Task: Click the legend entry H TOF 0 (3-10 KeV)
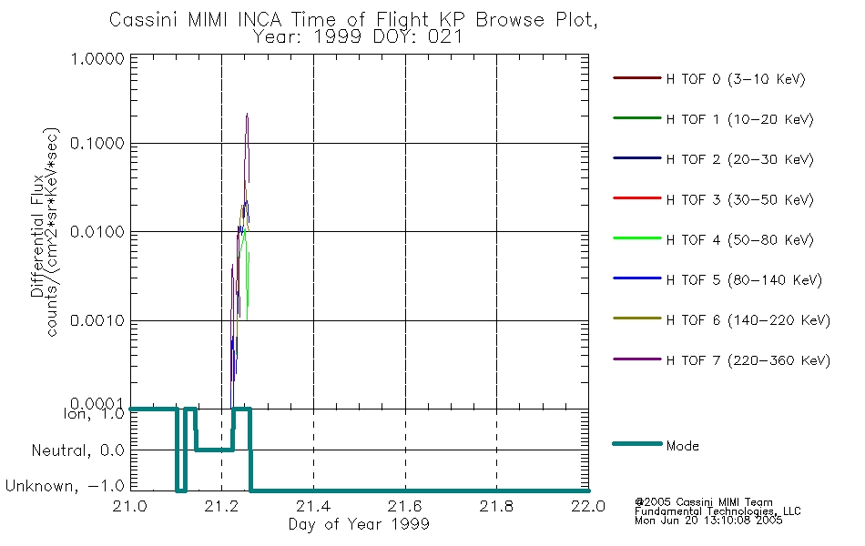pyautogui.click(x=736, y=79)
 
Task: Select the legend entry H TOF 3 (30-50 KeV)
pyautogui.click(x=739, y=199)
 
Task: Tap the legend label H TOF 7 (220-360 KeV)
pyautogui.click(x=748, y=360)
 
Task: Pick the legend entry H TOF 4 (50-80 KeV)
pyautogui.click(x=739, y=240)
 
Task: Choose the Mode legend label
pyautogui.click(x=682, y=446)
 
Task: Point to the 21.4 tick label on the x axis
pyautogui.click(x=313, y=506)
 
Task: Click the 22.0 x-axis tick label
pyautogui.click(x=588, y=506)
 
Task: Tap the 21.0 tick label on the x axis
pyautogui.click(x=129, y=506)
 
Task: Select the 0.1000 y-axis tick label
pyautogui.click(x=97, y=144)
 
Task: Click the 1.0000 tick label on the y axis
pyautogui.click(x=97, y=58)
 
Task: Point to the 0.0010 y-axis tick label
pyautogui.click(x=97, y=321)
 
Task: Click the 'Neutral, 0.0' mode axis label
pyautogui.click(x=77, y=451)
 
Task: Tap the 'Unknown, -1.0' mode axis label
pyautogui.click(x=65, y=487)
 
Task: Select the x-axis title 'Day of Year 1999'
pyautogui.click(x=359, y=524)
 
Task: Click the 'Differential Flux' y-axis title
pyautogui.click(x=37, y=237)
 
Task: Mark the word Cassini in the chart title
pyautogui.click(x=145, y=20)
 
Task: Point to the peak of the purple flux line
pyautogui.click(x=247, y=114)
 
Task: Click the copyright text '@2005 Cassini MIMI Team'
pyautogui.click(x=703, y=502)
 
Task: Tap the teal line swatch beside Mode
pyautogui.click(x=637, y=443)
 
